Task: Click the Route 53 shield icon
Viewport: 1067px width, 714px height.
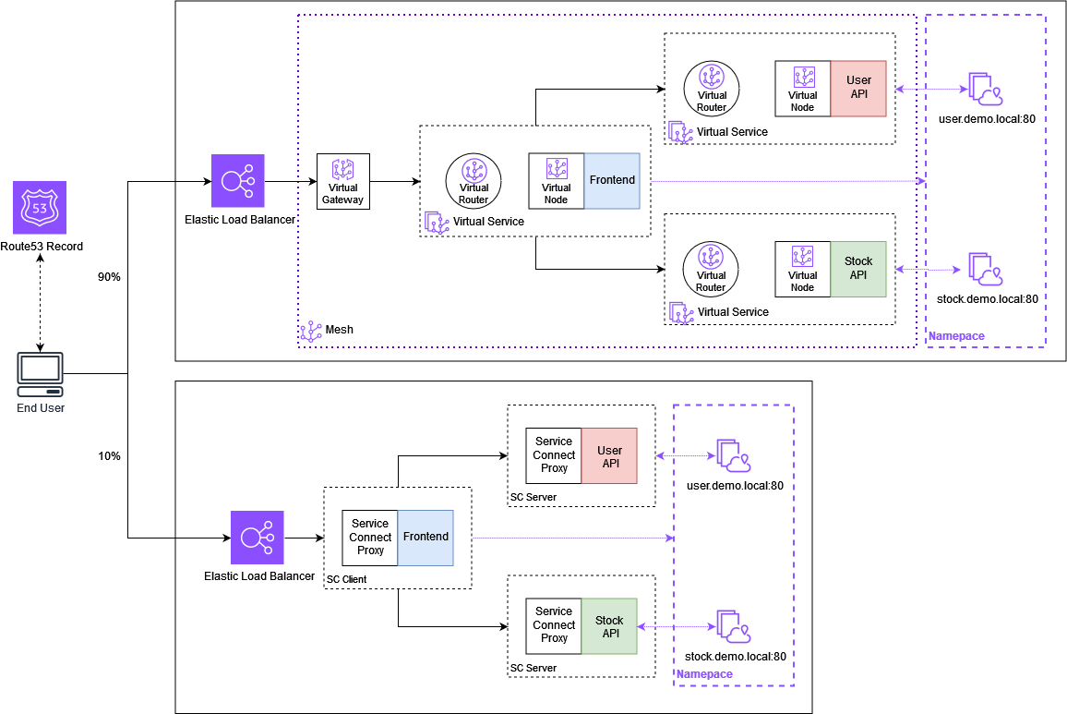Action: click(x=40, y=208)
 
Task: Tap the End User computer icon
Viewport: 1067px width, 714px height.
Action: click(x=41, y=374)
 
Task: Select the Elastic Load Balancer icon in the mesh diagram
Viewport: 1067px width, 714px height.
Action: click(x=238, y=181)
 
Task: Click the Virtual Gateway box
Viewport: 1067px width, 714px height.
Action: click(x=342, y=181)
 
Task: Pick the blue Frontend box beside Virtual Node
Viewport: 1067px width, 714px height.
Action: click(x=612, y=180)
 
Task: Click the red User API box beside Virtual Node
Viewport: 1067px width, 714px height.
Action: click(x=858, y=89)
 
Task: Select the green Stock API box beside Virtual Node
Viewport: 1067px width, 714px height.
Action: click(x=858, y=270)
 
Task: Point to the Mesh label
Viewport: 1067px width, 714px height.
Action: click(x=339, y=330)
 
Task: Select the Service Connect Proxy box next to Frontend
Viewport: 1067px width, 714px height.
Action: click(x=370, y=538)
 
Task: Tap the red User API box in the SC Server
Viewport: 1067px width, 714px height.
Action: click(x=610, y=455)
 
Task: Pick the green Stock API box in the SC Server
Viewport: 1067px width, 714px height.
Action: click(x=610, y=626)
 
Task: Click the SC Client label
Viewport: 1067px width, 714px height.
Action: click(x=347, y=579)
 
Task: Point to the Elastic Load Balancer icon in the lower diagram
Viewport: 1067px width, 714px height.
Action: click(x=258, y=538)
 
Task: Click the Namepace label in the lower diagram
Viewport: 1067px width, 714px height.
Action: click(x=704, y=674)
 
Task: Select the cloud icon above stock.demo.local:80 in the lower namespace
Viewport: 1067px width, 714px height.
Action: click(x=733, y=626)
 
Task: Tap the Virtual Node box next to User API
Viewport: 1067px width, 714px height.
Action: click(x=803, y=89)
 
